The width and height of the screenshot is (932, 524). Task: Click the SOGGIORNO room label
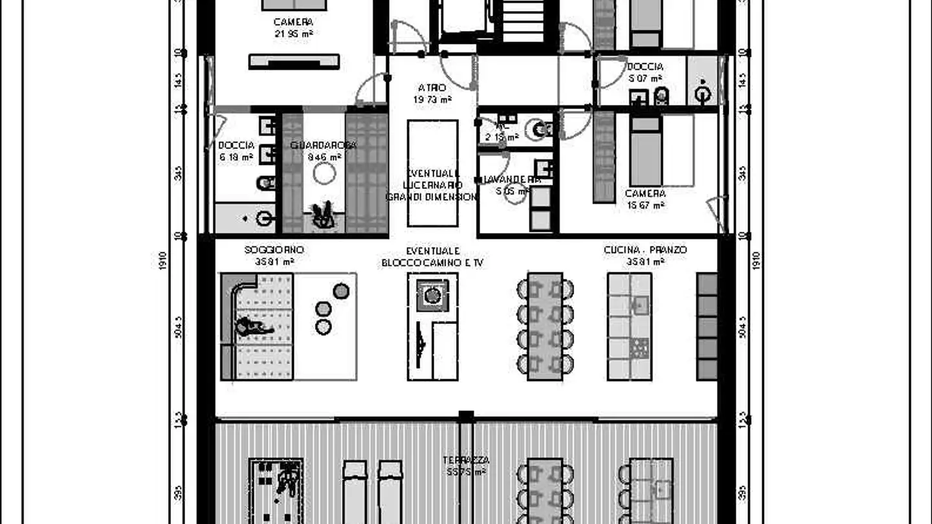[x=274, y=250]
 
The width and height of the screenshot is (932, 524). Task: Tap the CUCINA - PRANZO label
[x=645, y=250]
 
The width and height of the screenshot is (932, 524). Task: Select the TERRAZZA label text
[x=466, y=460]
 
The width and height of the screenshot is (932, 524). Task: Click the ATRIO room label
[x=432, y=88]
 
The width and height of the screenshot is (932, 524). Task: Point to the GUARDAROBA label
[x=323, y=145]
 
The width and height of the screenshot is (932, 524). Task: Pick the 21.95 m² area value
[x=293, y=34]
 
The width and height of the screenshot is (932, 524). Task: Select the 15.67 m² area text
[x=645, y=206]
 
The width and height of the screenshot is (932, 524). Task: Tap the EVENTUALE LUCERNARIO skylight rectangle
[x=432, y=173]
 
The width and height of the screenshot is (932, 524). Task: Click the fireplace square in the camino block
[x=432, y=296]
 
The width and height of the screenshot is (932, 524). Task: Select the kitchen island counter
[x=629, y=327]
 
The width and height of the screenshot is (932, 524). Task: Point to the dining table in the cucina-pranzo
[x=545, y=327]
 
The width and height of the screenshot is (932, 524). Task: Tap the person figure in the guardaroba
[x=323, y=215]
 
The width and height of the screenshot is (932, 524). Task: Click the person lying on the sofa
[x=254, y=327]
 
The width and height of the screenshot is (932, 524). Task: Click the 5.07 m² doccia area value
[x=645, y=78]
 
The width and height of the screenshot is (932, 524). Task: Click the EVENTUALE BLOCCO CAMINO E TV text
[x=432, y=257]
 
